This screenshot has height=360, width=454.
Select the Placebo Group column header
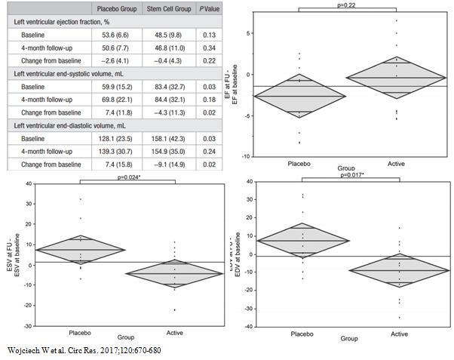pos(115,10)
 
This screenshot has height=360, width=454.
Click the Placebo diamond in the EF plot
pos(304,96)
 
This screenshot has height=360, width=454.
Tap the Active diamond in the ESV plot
pos(175,273)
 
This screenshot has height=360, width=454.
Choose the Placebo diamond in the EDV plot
pos(304,241)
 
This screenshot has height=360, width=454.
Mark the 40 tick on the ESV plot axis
pos(28,183)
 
